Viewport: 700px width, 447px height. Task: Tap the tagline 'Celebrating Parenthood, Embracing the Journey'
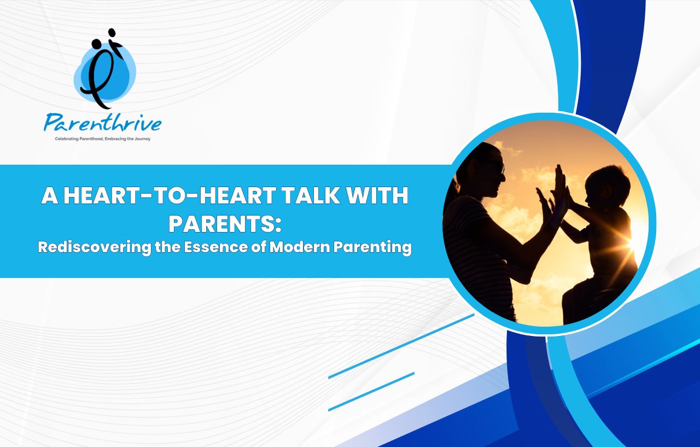[102, 139]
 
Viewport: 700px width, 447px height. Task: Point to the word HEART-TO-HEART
[170, 195]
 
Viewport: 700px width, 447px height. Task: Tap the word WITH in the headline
[377, 195]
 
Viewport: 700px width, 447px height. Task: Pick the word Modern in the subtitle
[300, 247]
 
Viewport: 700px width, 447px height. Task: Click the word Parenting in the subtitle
[372, 247]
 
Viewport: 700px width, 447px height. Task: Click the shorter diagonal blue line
[371, 392]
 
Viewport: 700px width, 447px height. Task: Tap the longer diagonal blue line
[401, 346]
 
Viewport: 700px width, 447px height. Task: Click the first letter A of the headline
[50, 195]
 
